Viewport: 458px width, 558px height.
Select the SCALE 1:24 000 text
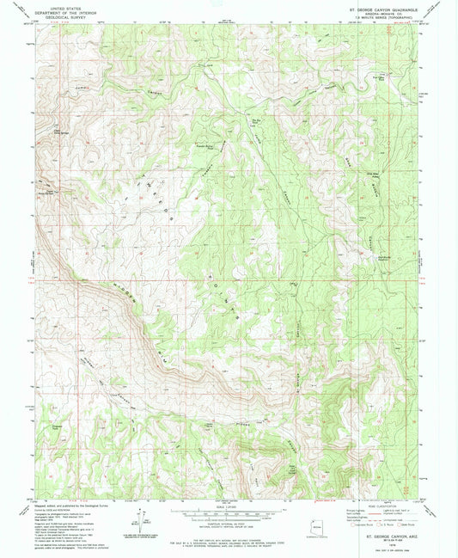tap(229, 504)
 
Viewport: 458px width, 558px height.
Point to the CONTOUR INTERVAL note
tap(229, 524)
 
